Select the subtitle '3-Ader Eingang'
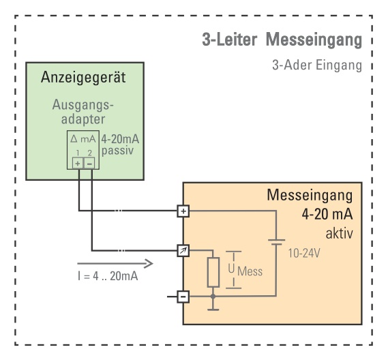[x=317, y=65]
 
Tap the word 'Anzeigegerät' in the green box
[x=83, y=77]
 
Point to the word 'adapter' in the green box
[x=83, y=119]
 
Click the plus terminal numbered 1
[x=78, y=164]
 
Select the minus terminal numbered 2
[x=89, y=164]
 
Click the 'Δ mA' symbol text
[x=83, y=139]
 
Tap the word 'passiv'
[x=117, y=151]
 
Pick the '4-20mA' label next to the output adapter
[x=120, y=139]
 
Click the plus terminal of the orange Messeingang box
[x=183, y=211]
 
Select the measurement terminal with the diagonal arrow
[x=183, y=251]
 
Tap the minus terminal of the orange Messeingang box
[x=183, y=296]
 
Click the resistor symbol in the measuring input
[x=213, y=272]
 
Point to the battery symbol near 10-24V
[x=276, y=242]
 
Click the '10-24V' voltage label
[x=304, y=253]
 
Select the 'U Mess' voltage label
[x=245, y=270]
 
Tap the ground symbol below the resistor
[x=213, y=310]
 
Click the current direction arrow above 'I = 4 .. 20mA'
[x=115, y=263]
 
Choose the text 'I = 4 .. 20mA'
[x=108, y=276]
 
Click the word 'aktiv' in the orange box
[x=340, y=233]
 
